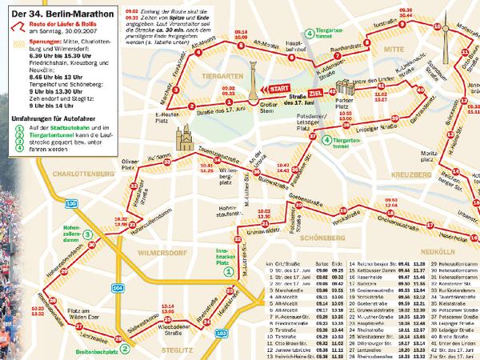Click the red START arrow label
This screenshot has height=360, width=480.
[278, 87]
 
